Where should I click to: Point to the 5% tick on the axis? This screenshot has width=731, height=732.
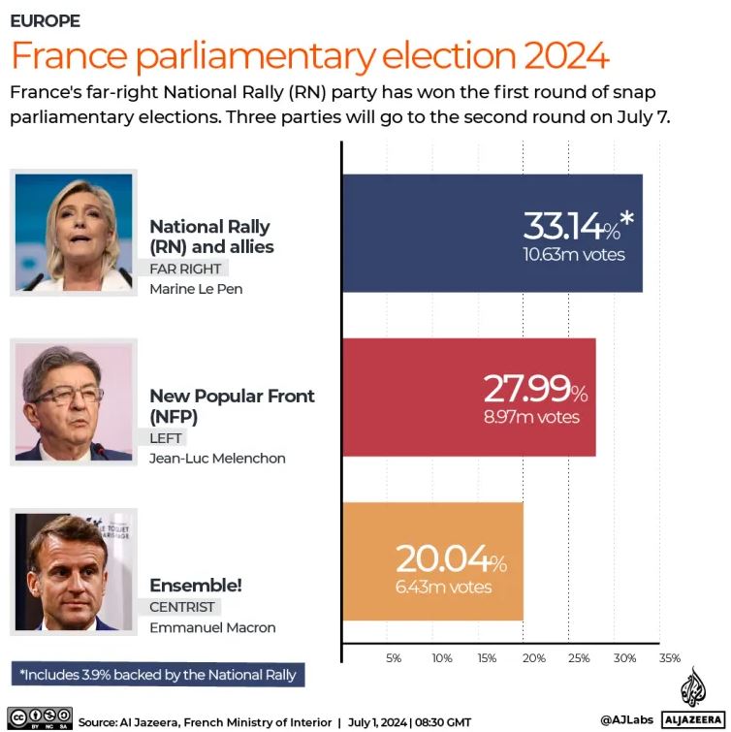(394, 658)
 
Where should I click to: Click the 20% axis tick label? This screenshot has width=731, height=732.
(533, 658)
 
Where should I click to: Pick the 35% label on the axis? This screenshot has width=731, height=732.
(670, 658)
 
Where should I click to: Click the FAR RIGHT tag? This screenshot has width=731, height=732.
(185, 269)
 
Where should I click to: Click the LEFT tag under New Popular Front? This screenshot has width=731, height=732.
(166, 438)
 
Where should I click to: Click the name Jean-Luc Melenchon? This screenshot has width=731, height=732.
(217, 459)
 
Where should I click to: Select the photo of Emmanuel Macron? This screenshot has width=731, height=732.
(74, 572)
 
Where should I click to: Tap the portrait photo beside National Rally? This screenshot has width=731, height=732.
(74, 232)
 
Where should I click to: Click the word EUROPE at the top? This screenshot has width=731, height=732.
(45, 20)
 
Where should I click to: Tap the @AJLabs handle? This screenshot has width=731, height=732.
(625, 720)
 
